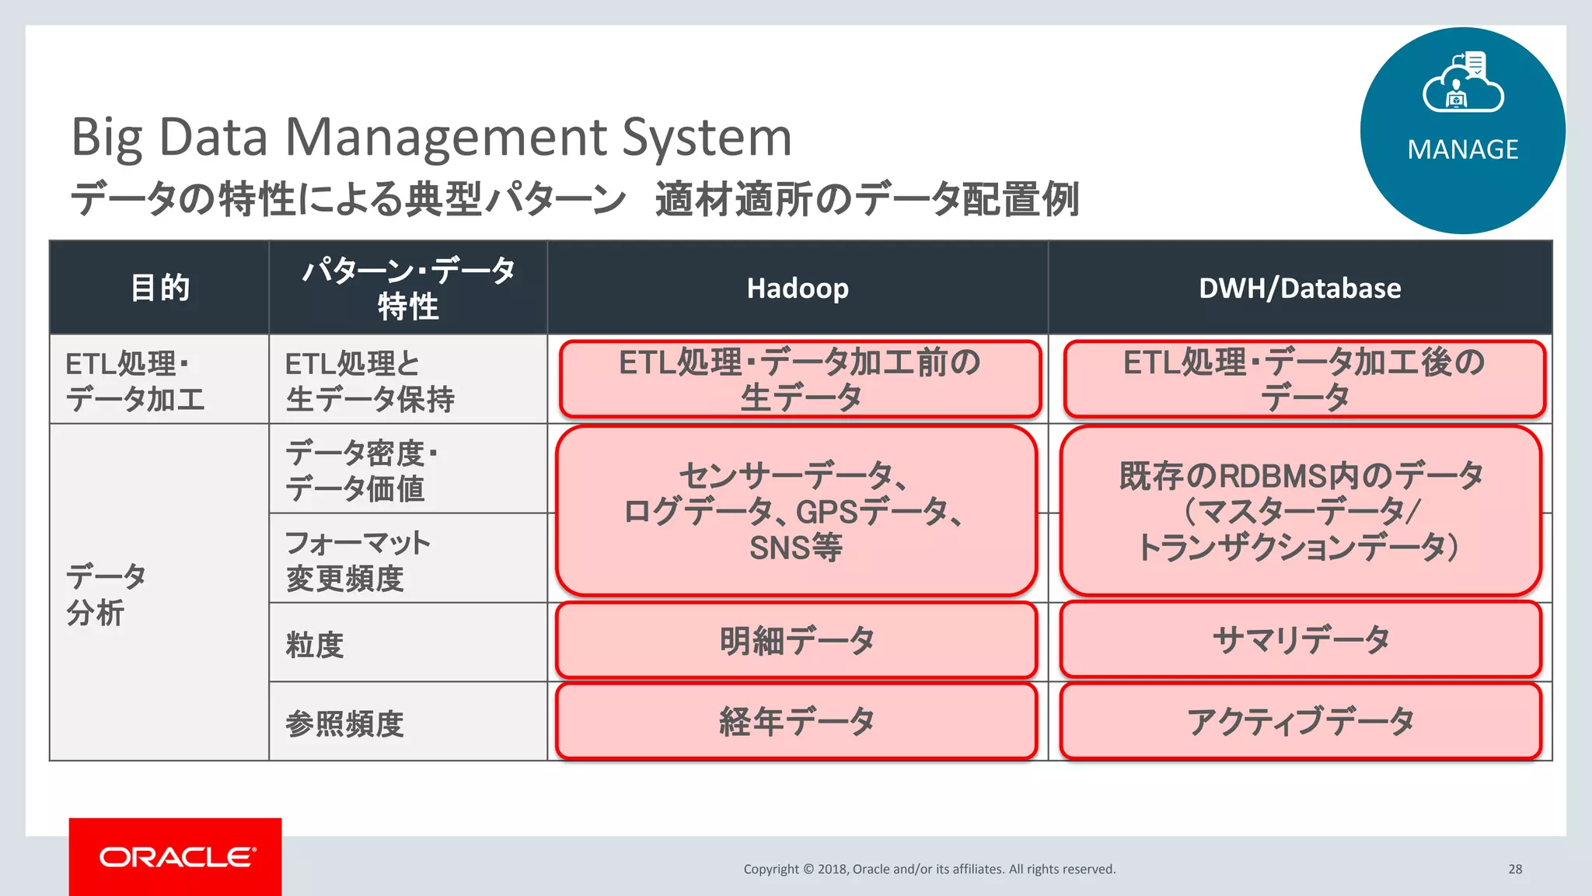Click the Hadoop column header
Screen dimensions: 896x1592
pyautogui.click(x=798, y=289)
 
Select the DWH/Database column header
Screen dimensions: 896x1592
pyautogui.click(x=1300, y=289)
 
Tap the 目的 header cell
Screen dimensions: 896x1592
pyautogui.click(x=159, y=288)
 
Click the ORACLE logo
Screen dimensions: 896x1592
pyautogui.click(x=176, y=856)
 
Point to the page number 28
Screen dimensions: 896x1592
pyautogui.click(x=1515, y=869)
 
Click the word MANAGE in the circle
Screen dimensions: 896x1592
pyautogui.click(x=1462, y=149)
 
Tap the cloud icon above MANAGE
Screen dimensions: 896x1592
pyautogui.click(x=1462, y=84)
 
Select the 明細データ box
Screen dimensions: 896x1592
pyautogui.click(x=797, y=641)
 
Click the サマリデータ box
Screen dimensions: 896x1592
pyautogui.click(x=1300, y=641)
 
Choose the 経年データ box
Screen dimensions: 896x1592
pyautogui.click(x=797, y=721)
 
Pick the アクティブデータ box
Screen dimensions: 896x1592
pyautogui.click(x=1300, y=721)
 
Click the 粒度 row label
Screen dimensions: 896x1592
pyautogui.click(x=315, y=645)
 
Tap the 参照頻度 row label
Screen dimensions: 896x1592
pyautogui.click(x=344, y=723)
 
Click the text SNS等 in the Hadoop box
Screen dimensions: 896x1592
pyautogui.click(x=795, y=548)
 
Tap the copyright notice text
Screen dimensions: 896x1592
pyautogui.click(x=929, y=869)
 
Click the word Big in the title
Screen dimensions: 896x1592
pyautogui.click(x=106, y=137)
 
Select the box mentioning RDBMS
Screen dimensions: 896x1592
pyautogui.click(x=1300, y=511)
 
